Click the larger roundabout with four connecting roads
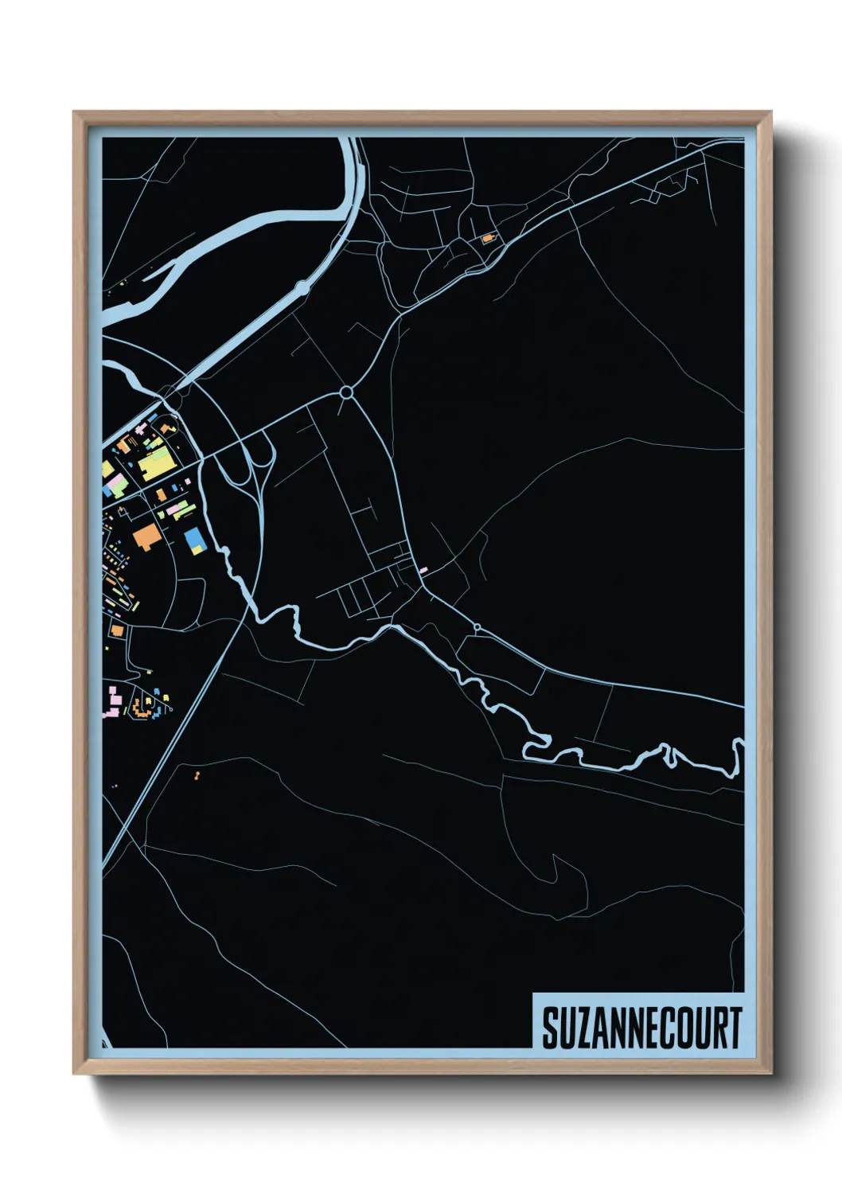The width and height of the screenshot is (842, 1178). [346, 392]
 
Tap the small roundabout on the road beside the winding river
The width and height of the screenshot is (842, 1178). [477, 628]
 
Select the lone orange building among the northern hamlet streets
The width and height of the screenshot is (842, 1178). [487, 237]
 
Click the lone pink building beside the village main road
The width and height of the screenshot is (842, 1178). [423, 570]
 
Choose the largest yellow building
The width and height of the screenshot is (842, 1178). [155, 462]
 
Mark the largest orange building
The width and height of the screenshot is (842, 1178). [146, 536]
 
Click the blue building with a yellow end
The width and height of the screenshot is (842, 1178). [194, 540]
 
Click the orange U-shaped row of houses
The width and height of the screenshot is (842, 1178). [146, 705]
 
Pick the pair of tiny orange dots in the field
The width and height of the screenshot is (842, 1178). [197, 773]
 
